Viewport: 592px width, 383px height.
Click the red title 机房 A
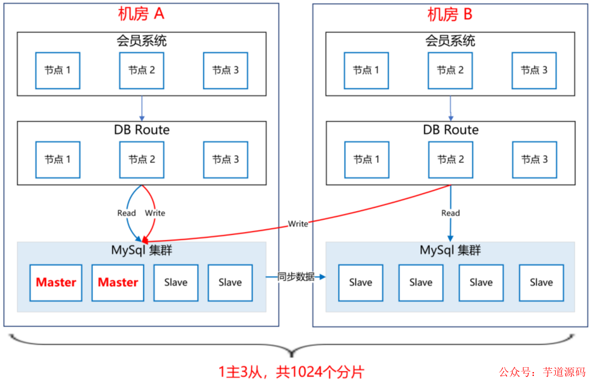pyautogui.click(x=141, y=14)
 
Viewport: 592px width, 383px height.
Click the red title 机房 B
pyautogui.click(x=449, y=14)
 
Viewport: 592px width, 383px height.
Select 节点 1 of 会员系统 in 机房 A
pyautogui.click(x=58, y=71)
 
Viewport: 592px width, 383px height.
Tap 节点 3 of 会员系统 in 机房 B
pyautogui.click(x=534, y=71)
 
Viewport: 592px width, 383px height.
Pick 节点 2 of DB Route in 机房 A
pyautogui.click(x=141, y=160)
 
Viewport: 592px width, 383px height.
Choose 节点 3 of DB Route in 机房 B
pyautogui.click(x=534, y=160)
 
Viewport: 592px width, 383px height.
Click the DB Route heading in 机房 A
pyautogui.click(x=141, y=130)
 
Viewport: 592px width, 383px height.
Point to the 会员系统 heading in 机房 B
pyautogui.click(x=450, y=40)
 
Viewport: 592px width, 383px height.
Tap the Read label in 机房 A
pyautogui.click(x=127, y=213)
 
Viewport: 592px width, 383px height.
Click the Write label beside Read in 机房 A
pyautogui.click(x=155, y=213)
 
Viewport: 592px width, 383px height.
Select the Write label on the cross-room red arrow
pyautogui.click(x=298, y=224)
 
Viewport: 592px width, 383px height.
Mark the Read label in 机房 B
pyautogui.click(x=451, y=213)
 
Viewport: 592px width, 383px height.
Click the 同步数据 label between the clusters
pyautogui.click(x=296, y=277)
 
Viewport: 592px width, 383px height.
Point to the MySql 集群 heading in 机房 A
pyautogui.click(x=141, y=250)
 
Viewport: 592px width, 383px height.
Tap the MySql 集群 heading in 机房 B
pyautogui.click(x=450, y=250)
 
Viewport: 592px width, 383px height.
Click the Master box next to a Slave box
pyautogui.click(x=118, y=283)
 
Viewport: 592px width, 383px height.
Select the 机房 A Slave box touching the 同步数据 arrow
pyautogui.click(x=230, y=283)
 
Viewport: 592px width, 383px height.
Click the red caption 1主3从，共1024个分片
pyautogui.click(x=291, y=372)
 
